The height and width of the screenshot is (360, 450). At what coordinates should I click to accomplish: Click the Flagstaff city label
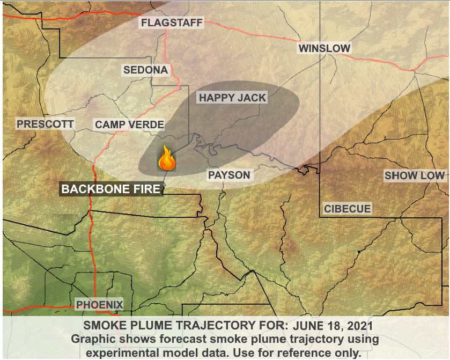click(x=171, y=23)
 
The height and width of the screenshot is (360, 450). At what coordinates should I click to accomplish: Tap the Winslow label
click(x=324, y=49)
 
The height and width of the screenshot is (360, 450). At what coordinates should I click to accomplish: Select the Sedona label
click(x=145, y=70)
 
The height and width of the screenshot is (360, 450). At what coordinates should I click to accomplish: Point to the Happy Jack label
click(x=232, y=98)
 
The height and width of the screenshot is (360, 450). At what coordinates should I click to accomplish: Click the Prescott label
click(x=45, y=124)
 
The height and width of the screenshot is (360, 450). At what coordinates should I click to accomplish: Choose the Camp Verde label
click(x=129, y=125)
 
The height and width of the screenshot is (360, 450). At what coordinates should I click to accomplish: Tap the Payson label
click(x=229, y=175)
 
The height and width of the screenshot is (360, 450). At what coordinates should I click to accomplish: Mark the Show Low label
click(x=415, y=175)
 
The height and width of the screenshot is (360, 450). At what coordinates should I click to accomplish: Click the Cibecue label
click(x=347, y=209)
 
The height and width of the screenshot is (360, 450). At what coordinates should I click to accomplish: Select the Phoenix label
click(x=100, y=305)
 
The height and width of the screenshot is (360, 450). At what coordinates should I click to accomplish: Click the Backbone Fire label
click(x=110, y=189)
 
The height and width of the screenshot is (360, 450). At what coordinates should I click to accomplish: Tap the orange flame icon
click(x=167, y=159)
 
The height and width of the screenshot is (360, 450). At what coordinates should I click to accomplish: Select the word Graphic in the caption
click(x=92, y=340)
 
